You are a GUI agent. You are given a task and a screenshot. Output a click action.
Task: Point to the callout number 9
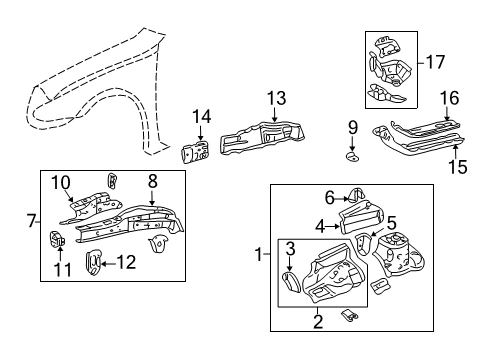point(352,126)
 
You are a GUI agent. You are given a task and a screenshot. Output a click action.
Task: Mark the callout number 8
point(152,182)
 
